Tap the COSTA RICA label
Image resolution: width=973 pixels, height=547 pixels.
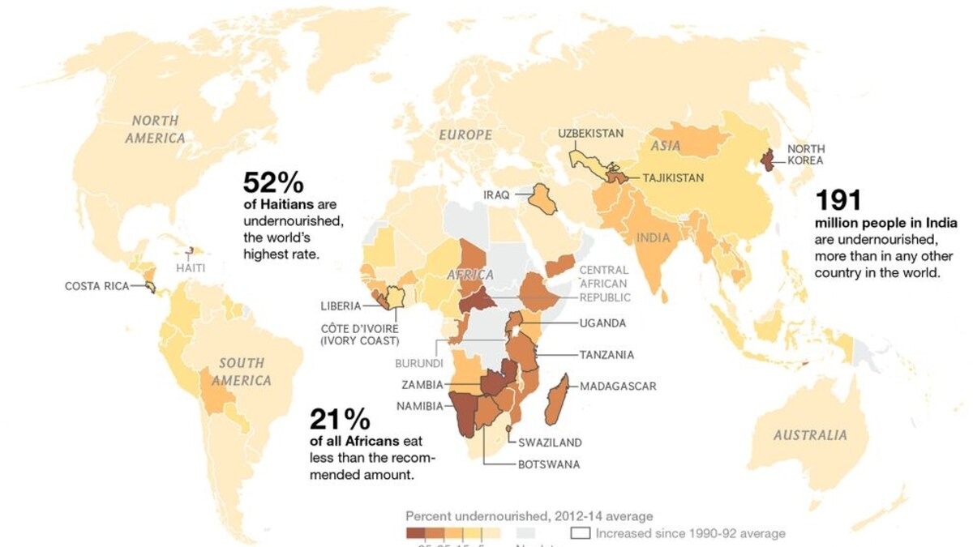(96, 286)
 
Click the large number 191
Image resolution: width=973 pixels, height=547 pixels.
(838, 201)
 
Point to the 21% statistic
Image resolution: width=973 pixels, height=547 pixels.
(340, 419)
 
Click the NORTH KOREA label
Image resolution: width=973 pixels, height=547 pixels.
(806, 155)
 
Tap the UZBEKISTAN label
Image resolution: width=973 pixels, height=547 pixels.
(590, 133)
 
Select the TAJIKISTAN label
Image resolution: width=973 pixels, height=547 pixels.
(673, 177)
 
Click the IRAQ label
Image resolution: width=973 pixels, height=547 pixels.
(497, 195)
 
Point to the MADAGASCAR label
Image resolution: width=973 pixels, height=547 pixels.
(618, 386)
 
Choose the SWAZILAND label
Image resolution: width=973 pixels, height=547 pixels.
(550, 442)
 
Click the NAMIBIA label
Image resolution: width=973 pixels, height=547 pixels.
(419, 406)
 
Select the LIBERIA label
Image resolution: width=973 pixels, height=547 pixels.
(341, 306)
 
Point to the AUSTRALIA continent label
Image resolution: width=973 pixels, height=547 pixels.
(810, 435)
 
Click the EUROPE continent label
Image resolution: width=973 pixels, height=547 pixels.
(465, 135)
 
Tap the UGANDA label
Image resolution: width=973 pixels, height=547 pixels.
(602, 323)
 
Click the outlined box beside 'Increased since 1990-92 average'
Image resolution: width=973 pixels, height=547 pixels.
(580, 533)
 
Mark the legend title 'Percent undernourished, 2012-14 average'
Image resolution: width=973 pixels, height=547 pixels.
(529, 516)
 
